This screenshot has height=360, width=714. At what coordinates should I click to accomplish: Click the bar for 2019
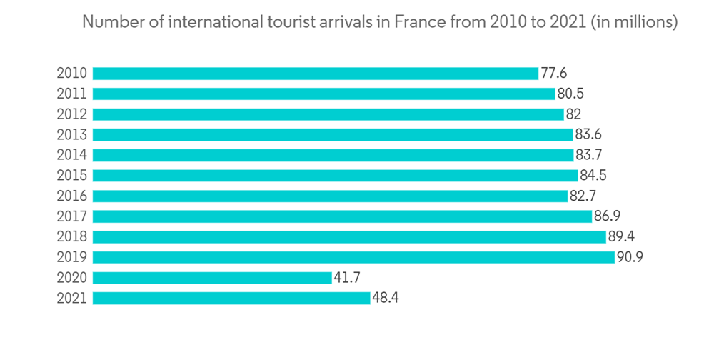tap(353, 257)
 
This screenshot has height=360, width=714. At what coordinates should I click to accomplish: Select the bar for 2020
tap(212, 278)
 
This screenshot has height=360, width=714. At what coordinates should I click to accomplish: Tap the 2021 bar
tap(231, 298)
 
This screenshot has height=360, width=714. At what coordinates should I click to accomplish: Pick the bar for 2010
tap(315, 74)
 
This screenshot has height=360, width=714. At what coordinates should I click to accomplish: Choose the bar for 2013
tap(333, 134)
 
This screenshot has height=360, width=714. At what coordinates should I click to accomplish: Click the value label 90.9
tap(630, 257)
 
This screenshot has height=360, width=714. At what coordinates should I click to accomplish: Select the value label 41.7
tap(348, 278)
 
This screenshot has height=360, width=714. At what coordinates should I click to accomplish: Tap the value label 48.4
tap(386, 298)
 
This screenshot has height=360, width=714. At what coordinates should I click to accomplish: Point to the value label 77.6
tap(553, 74)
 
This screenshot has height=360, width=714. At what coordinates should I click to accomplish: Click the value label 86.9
tap(607, 216)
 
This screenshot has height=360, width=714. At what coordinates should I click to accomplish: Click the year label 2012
tap(71, 114)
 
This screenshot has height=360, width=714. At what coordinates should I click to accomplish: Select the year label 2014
tap(71, 155)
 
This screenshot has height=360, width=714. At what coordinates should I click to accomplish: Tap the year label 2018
tap(71, 237)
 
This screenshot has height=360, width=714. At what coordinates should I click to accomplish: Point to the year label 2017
tap(71, 216)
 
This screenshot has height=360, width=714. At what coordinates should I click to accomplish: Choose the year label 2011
tap(71, 94)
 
